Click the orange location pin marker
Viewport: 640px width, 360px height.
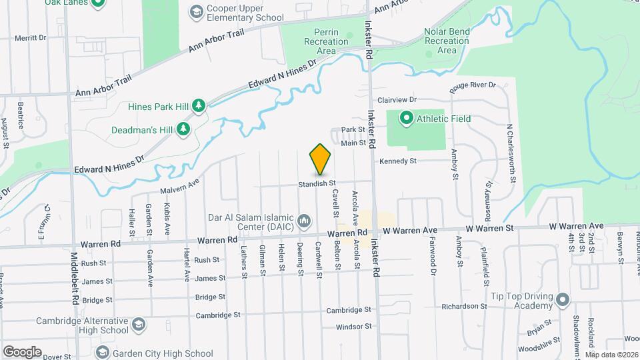click(321, 160)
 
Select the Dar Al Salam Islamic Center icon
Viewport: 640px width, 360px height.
click(304, 220)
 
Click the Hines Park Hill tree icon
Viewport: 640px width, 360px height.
click(198, 105)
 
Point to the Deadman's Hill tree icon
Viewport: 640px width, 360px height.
click(183, 129)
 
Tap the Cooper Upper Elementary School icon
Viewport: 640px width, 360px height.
click(196, 11)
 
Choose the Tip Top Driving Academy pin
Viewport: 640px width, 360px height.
click(562, 299)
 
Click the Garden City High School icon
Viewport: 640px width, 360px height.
click(102, 352)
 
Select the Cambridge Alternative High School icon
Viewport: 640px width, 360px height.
click(139, 325)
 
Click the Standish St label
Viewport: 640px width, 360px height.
click(316, 183)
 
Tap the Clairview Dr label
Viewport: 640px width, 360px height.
click(397, 99)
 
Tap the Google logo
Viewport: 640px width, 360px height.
click(22, 351)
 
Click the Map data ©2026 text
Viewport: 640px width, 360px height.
click(611, 354)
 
